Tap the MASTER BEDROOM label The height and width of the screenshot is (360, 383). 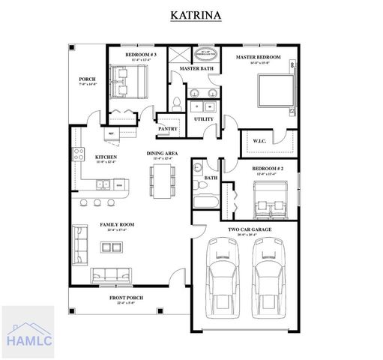point(258,57)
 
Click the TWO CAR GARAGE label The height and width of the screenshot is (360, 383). point(249,229)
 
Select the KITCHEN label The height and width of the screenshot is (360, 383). point(106,157)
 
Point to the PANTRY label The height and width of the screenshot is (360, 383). point(167,128)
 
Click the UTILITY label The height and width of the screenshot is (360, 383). point(203,118)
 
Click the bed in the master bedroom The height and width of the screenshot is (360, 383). point(274,90)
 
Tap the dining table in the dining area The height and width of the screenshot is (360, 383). point(162,181)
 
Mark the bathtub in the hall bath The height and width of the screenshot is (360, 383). point(204,201)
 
